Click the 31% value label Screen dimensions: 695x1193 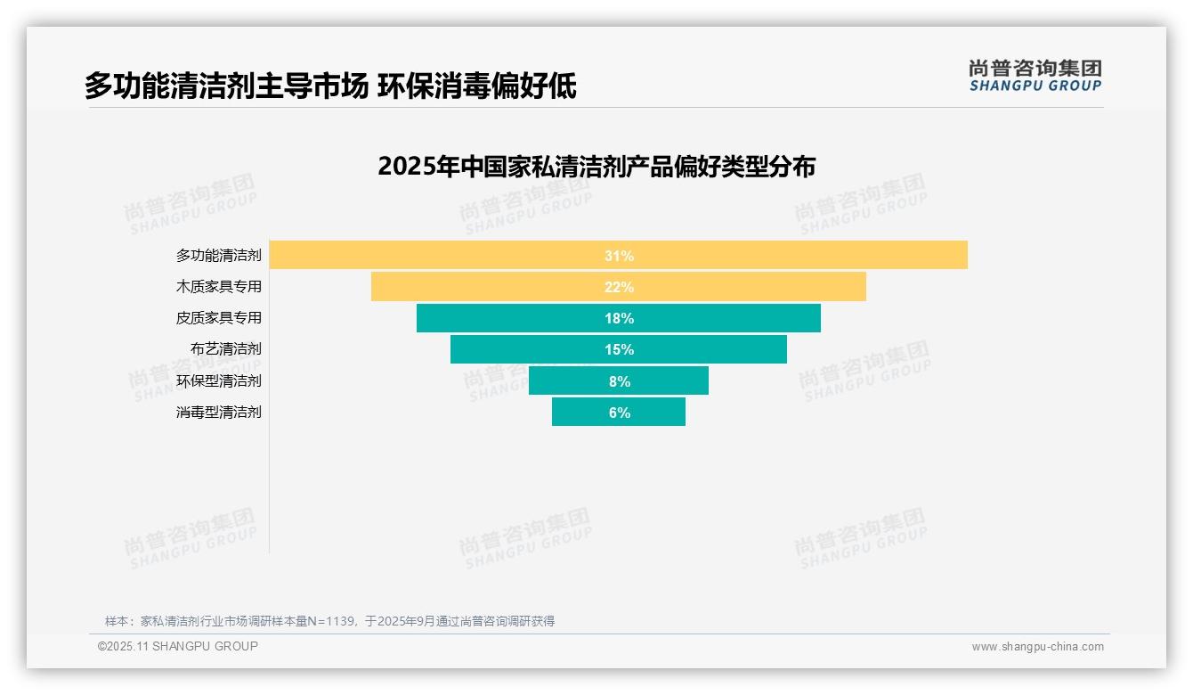point(619,256)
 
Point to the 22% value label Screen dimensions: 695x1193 point(619,287)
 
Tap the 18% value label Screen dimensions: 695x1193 point(619,318)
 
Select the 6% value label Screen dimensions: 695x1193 point(619,413)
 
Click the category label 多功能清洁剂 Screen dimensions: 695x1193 point(218,256)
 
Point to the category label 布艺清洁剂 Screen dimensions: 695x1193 point(225,349)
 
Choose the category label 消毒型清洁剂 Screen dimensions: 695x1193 point(218,413)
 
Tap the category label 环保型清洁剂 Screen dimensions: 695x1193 point(218,381)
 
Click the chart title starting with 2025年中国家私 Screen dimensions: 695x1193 point(596,167)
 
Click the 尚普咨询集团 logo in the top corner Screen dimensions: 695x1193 point(1035,76)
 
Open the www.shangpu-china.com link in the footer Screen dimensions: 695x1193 point(1037,647)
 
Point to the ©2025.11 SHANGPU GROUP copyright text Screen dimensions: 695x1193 point(178,646)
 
